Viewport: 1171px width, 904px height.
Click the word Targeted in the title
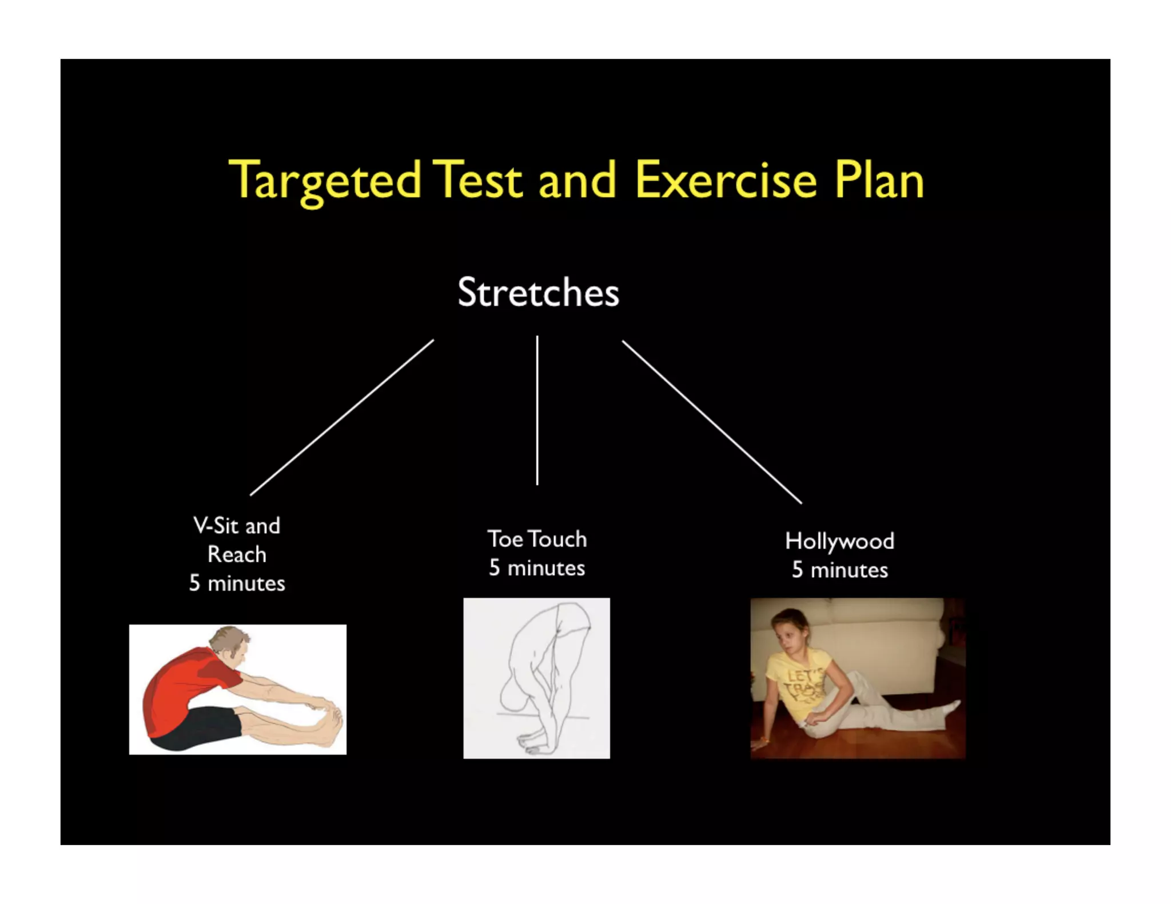click(325, 181)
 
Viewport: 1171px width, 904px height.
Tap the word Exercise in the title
click(726, 180)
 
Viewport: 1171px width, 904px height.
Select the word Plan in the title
click(879, 180)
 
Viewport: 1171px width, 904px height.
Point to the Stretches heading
click(538, 293)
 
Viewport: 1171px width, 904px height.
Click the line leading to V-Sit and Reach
click(342, 417)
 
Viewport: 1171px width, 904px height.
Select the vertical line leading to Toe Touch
click(537, 410)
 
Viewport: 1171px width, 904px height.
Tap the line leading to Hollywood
click(712, 422)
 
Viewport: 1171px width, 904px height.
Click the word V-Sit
click(215, 526)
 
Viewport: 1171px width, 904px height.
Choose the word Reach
click(237, 554)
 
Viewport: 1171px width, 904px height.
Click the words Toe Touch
click(537, 539)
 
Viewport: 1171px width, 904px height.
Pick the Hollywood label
click(839, 541)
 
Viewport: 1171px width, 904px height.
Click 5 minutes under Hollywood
click(839, 570)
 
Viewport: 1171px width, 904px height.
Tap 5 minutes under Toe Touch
click(537, 568)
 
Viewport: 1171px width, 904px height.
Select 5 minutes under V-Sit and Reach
click(237, 583)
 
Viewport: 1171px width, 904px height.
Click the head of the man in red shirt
click(230, 642)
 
